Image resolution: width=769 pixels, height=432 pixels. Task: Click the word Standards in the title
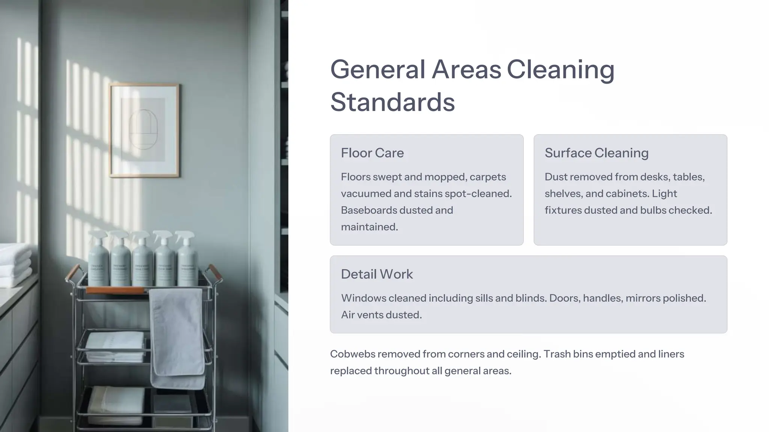(x=392, y=102)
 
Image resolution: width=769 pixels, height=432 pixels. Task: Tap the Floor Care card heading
(x=372, y=153)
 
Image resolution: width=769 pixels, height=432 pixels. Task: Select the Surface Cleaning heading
(x=596, y=153)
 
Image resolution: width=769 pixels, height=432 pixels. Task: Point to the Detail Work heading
(x=377, y=274)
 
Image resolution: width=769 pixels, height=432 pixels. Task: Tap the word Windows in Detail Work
(x=363, y=298)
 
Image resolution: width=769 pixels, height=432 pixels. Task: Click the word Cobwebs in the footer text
(x=352, y=354)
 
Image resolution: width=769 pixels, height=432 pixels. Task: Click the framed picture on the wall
(x=144, y=130)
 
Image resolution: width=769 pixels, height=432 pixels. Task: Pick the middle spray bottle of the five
(x=142, y=260)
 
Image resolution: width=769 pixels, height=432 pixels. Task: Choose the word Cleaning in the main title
(x=560, y=70)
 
